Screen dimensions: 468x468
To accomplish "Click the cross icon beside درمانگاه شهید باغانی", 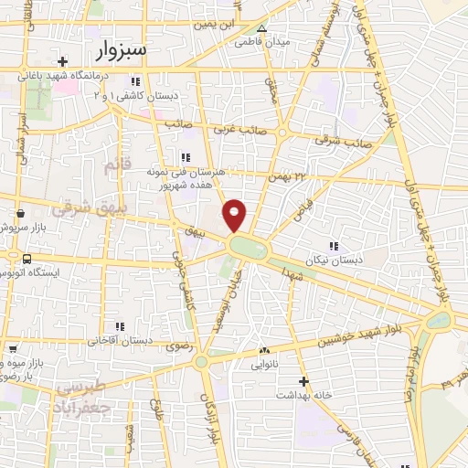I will [x=60, y=61].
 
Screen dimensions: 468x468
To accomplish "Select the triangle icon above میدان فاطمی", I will [x=262, y=28].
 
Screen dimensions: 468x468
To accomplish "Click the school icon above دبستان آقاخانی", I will [x=119, y=325].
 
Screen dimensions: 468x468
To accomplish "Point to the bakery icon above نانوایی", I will [x=265, y=349].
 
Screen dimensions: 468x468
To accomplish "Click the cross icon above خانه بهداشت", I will [x=304, y=381].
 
